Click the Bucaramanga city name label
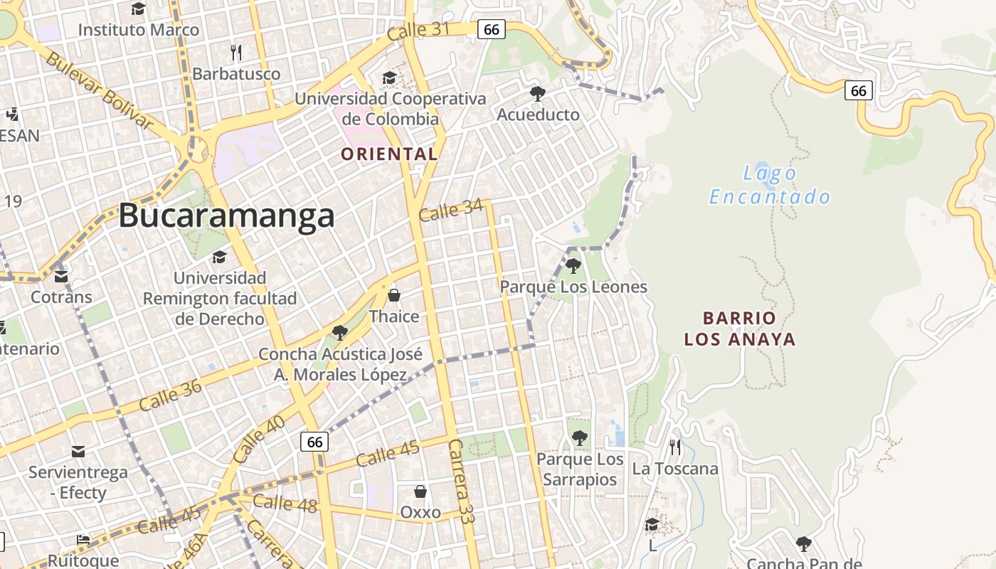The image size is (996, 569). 226,215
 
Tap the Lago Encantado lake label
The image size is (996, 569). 770,185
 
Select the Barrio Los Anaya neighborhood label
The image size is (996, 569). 740,329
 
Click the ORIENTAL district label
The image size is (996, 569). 388,154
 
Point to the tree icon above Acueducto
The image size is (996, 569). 538,93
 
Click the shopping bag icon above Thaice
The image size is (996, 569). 394,294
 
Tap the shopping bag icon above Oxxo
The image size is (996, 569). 420,491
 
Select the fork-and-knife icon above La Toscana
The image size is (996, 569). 675,447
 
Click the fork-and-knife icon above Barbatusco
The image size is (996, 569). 237,52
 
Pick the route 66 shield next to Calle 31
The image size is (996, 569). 491,29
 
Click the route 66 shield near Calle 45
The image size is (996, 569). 314,442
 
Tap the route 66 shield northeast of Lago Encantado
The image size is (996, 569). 859,90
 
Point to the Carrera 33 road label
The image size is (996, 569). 461,481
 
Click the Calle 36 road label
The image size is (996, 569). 171,395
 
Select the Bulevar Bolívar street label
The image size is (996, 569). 100,90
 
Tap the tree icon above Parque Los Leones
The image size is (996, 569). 573,266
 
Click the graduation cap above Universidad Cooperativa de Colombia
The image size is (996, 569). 389,77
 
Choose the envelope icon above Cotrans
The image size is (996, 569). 61,276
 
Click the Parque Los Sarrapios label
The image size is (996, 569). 580,469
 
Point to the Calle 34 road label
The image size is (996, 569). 451,211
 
